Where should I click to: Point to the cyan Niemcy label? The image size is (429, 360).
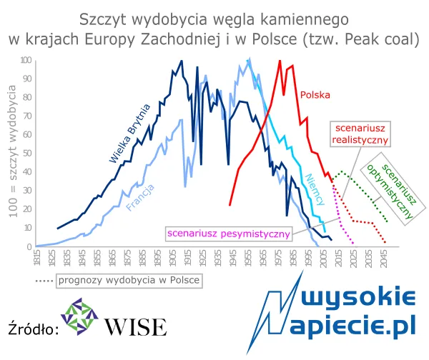(x=315, y=189)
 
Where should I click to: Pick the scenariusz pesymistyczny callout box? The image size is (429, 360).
(x=228, y=233)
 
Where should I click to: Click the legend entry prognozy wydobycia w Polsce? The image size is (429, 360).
(x=118, y=280)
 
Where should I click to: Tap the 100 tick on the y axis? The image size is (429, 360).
(x=26, y=60)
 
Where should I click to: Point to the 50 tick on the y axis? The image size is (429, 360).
(x=27, y=153)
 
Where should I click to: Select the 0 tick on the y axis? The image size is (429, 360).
(x=29, y=246)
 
